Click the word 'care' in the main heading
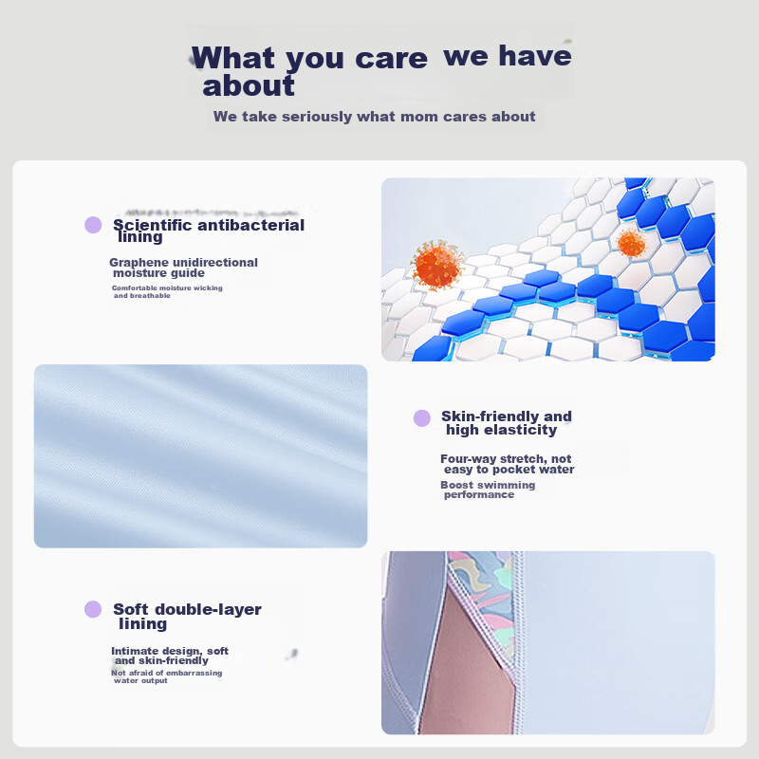(391, 59)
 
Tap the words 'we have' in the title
(508, 55)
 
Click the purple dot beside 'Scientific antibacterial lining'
(93, 225)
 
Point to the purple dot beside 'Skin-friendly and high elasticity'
(422, 418)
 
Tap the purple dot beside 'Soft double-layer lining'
(93, 609)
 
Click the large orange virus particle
(437, 265)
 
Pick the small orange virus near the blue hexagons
(631, 243)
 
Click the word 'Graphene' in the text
(139, 263)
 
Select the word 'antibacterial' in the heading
(250, 225)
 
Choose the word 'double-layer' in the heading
(208, 609)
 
